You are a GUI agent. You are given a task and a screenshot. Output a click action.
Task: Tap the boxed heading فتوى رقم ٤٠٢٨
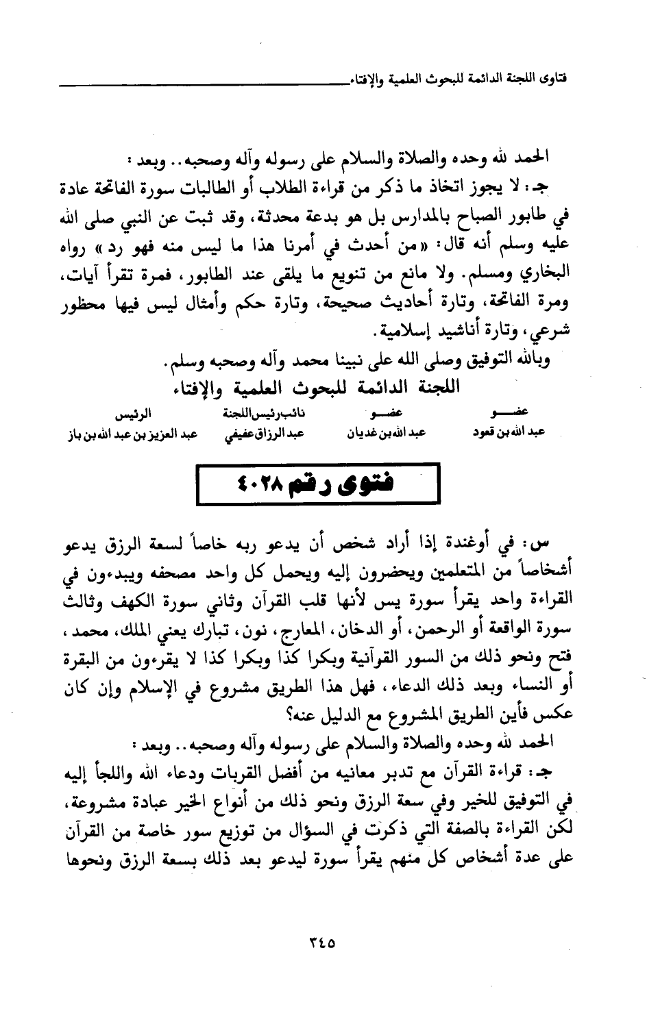coord(317,484)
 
